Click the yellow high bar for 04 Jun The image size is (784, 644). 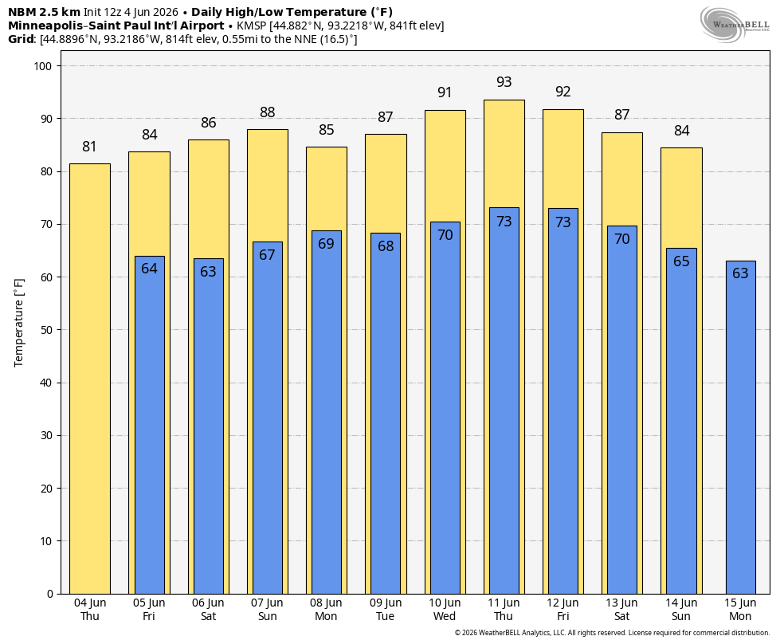click(x=90, y=379)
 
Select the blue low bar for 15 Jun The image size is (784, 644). click(x=740, y=427)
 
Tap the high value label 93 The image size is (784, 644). click(x=504, y=82)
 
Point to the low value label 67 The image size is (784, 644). click(x=267, y=255)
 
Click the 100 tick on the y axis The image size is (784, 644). click(x=44, y=66)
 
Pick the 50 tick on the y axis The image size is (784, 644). click(x=46, y=330)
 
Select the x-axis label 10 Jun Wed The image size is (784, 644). click(x=445, y=610)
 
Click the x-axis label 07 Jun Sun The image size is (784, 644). click(x=267, y=610)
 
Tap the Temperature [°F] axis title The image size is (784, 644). click(x=19, y=323)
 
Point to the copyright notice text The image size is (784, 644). click(x=612, y=633)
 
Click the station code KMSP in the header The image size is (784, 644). click(x=252, y=26)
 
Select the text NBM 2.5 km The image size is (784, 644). click(x=44, y=12)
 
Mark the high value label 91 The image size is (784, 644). click(x=445, y=92)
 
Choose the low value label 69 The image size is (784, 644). click(x=326, y=244)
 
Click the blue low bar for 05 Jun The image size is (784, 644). click(x=150, y=425)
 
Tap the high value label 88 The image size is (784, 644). click(x=268, y=112)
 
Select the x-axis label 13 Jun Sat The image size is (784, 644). click(x=622, y=610)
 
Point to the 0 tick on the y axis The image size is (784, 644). click(x=50, y=594)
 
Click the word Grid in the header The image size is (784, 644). click(x=22, y=39)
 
